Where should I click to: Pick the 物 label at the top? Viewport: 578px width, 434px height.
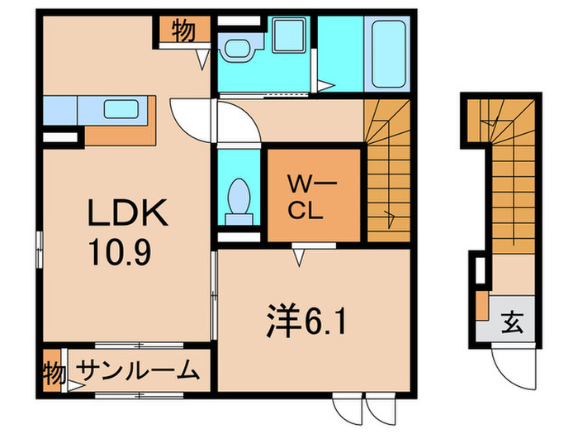pyautogui.click(x=182, y=32)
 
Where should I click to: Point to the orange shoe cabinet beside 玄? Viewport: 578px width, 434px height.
pyautogui.click(x=481, y=306)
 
